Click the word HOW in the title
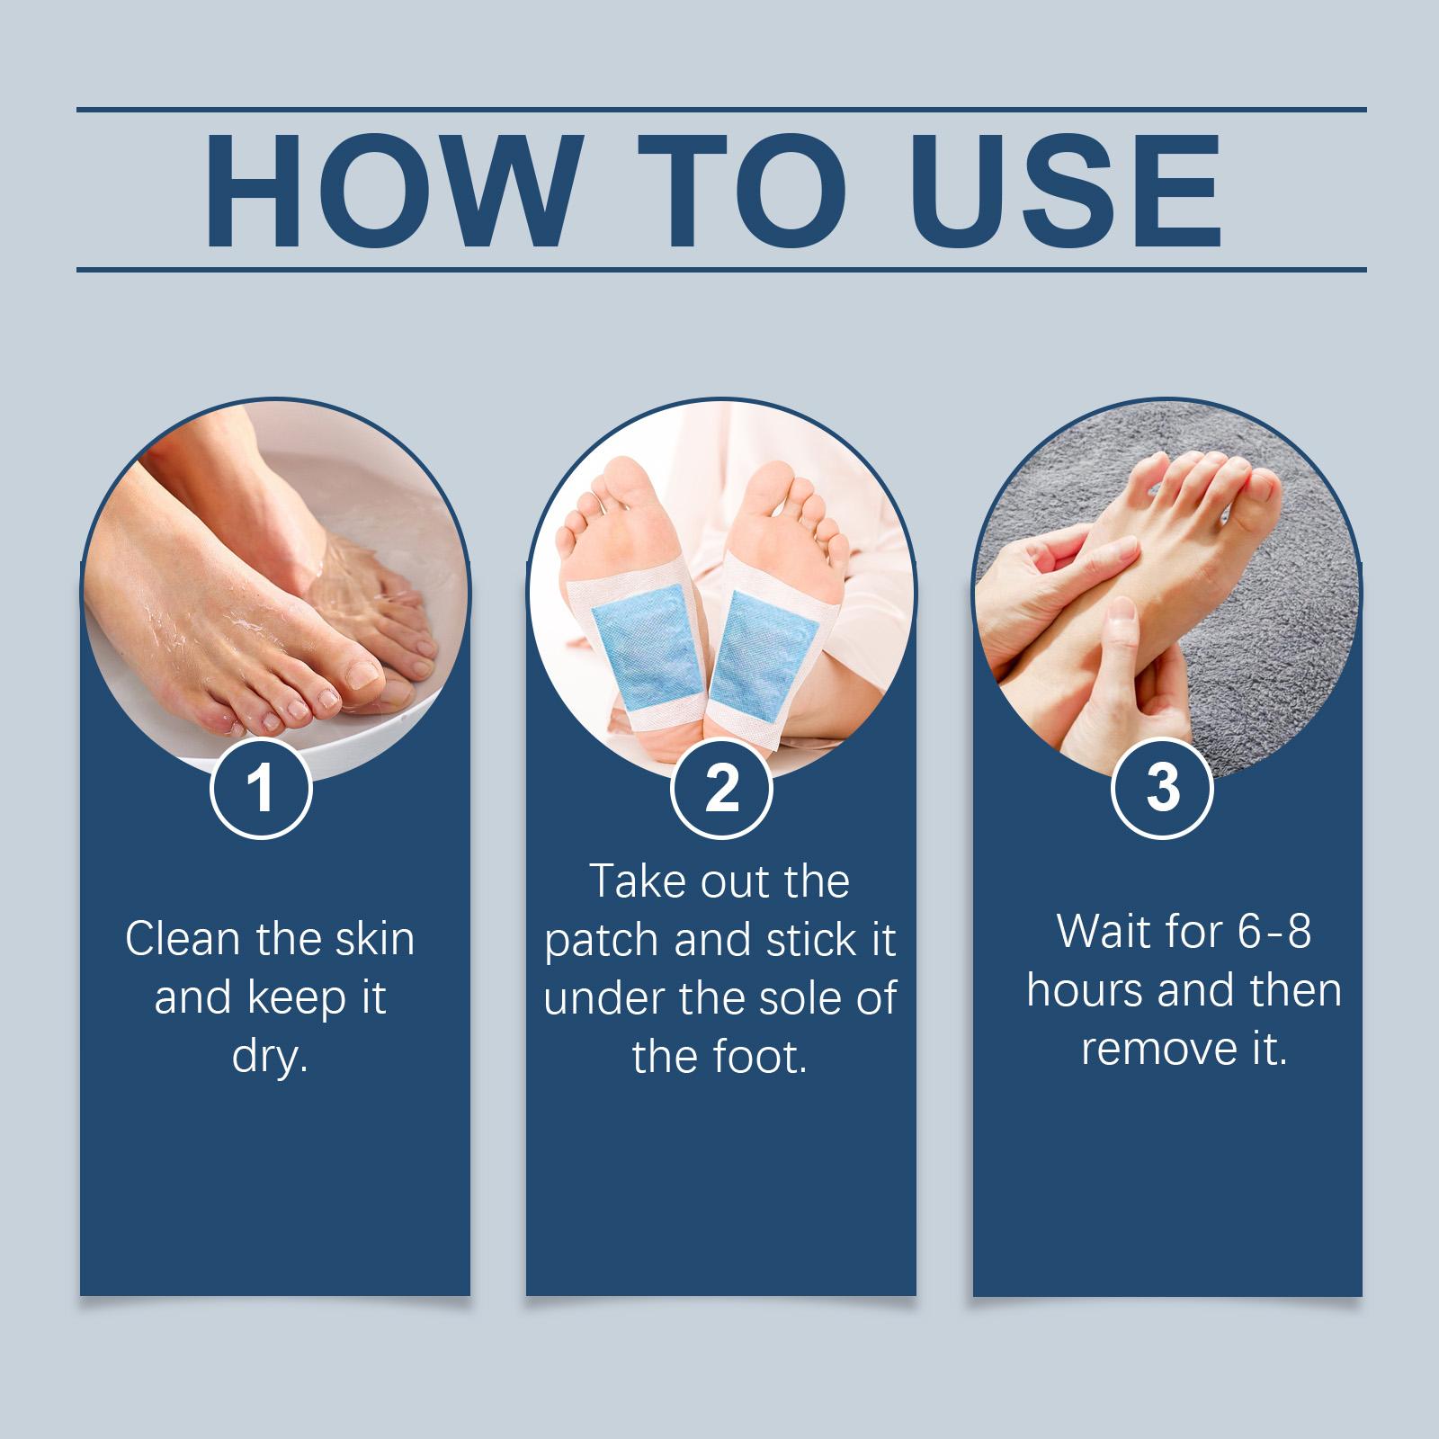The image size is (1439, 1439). [x=389, y=191]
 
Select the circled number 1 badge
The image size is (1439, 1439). [x=261, y=788]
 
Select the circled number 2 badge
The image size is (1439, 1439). [x=721, y=788]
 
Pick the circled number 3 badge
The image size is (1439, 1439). [x=1163, y=788]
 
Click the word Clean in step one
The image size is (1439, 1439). [x=183, y=939]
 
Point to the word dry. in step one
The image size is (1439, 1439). [x=270, y=1056]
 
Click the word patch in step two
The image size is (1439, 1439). [x=603, y=941]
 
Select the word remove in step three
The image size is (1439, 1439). [x=1155, y=1049]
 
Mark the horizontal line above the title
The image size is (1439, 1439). [x=721, y=110]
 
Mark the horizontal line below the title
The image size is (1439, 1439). [x=721, y=269]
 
